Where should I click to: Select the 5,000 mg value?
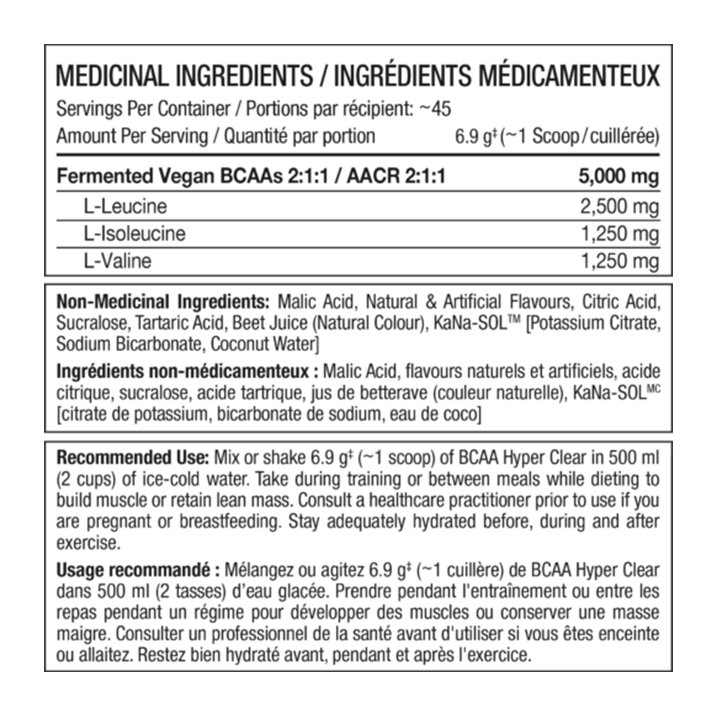coord(618,176)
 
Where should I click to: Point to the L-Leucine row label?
coord(125,206)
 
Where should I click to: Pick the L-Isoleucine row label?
coord(134,234)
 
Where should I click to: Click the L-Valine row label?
coord(118,261)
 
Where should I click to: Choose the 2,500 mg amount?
coord(620,206)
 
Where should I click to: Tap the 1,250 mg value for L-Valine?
coord(620,261)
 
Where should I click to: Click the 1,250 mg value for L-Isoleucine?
coord(620,234)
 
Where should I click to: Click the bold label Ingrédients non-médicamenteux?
coord(183,371)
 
